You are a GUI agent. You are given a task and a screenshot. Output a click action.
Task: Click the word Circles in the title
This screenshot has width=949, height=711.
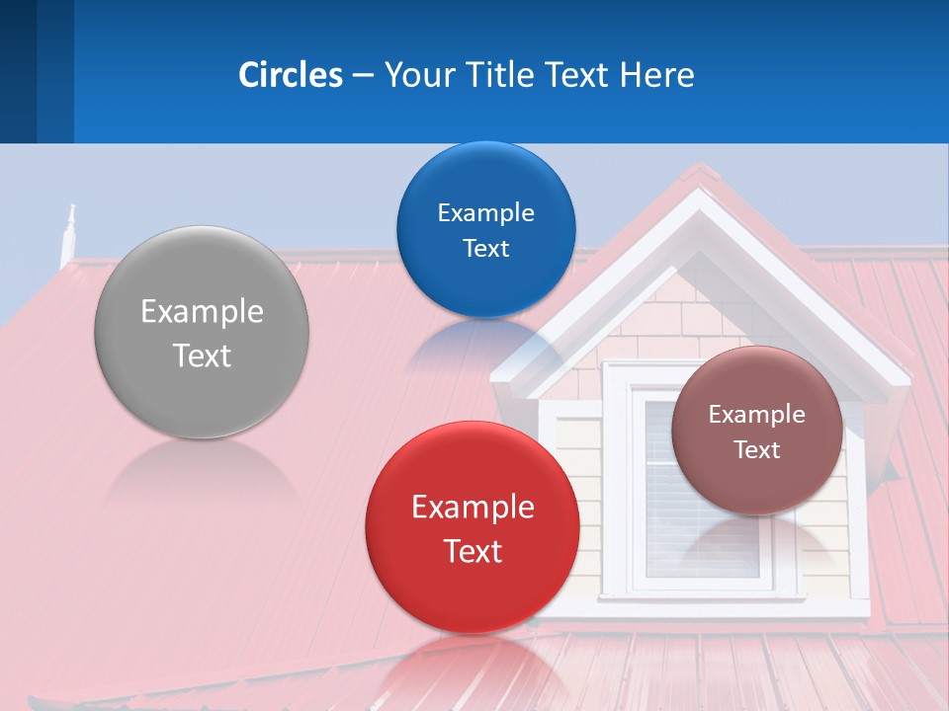coord(290,75)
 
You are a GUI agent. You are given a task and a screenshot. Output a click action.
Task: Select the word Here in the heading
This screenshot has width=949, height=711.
coord(656,75)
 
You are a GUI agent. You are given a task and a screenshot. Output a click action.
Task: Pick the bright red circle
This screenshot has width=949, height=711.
coord(473,592)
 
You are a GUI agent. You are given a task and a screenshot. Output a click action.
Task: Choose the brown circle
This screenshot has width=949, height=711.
coord(757,484)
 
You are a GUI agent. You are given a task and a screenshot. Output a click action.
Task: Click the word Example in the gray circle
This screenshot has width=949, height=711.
coord(202,312)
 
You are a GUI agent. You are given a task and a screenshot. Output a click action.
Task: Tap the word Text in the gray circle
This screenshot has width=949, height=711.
coord(202,355)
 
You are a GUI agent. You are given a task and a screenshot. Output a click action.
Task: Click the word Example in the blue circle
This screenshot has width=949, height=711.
coord(485,213)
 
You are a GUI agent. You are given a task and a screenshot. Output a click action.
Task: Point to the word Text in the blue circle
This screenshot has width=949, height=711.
coord(485,248)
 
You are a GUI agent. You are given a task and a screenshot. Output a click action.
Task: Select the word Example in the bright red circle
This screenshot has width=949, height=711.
coord(473,508)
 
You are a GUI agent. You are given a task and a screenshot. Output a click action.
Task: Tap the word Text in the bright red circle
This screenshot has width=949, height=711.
coord(473,551)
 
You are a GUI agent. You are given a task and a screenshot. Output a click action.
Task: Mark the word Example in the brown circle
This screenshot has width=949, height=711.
coord(757,415)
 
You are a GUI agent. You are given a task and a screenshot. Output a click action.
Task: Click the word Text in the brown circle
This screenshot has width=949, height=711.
coord(757,450)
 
